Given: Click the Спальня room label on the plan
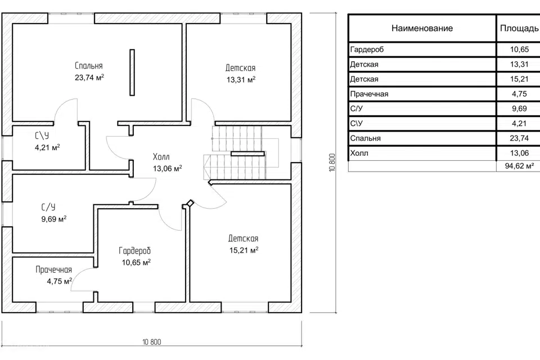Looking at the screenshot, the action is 89,66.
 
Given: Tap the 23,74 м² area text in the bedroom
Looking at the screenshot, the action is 89,78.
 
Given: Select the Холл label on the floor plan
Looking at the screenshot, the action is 161,157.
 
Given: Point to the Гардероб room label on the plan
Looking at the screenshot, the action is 135,251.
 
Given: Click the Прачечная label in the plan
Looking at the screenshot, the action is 54,270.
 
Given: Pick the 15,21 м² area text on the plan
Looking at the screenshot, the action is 244,250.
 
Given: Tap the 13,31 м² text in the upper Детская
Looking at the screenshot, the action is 241,79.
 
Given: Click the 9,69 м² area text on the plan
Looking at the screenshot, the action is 54,219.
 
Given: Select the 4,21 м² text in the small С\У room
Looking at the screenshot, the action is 47,147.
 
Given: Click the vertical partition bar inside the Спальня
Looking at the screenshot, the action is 132,73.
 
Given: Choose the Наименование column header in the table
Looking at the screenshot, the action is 422,28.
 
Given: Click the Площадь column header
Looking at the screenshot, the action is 519,28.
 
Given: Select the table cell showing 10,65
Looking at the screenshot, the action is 519,49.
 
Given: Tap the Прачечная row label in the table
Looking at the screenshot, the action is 369,94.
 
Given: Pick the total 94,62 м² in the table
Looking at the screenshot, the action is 519,166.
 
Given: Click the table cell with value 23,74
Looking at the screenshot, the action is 519,138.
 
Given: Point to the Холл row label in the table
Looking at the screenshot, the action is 359,153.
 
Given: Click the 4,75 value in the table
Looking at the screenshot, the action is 519,94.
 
